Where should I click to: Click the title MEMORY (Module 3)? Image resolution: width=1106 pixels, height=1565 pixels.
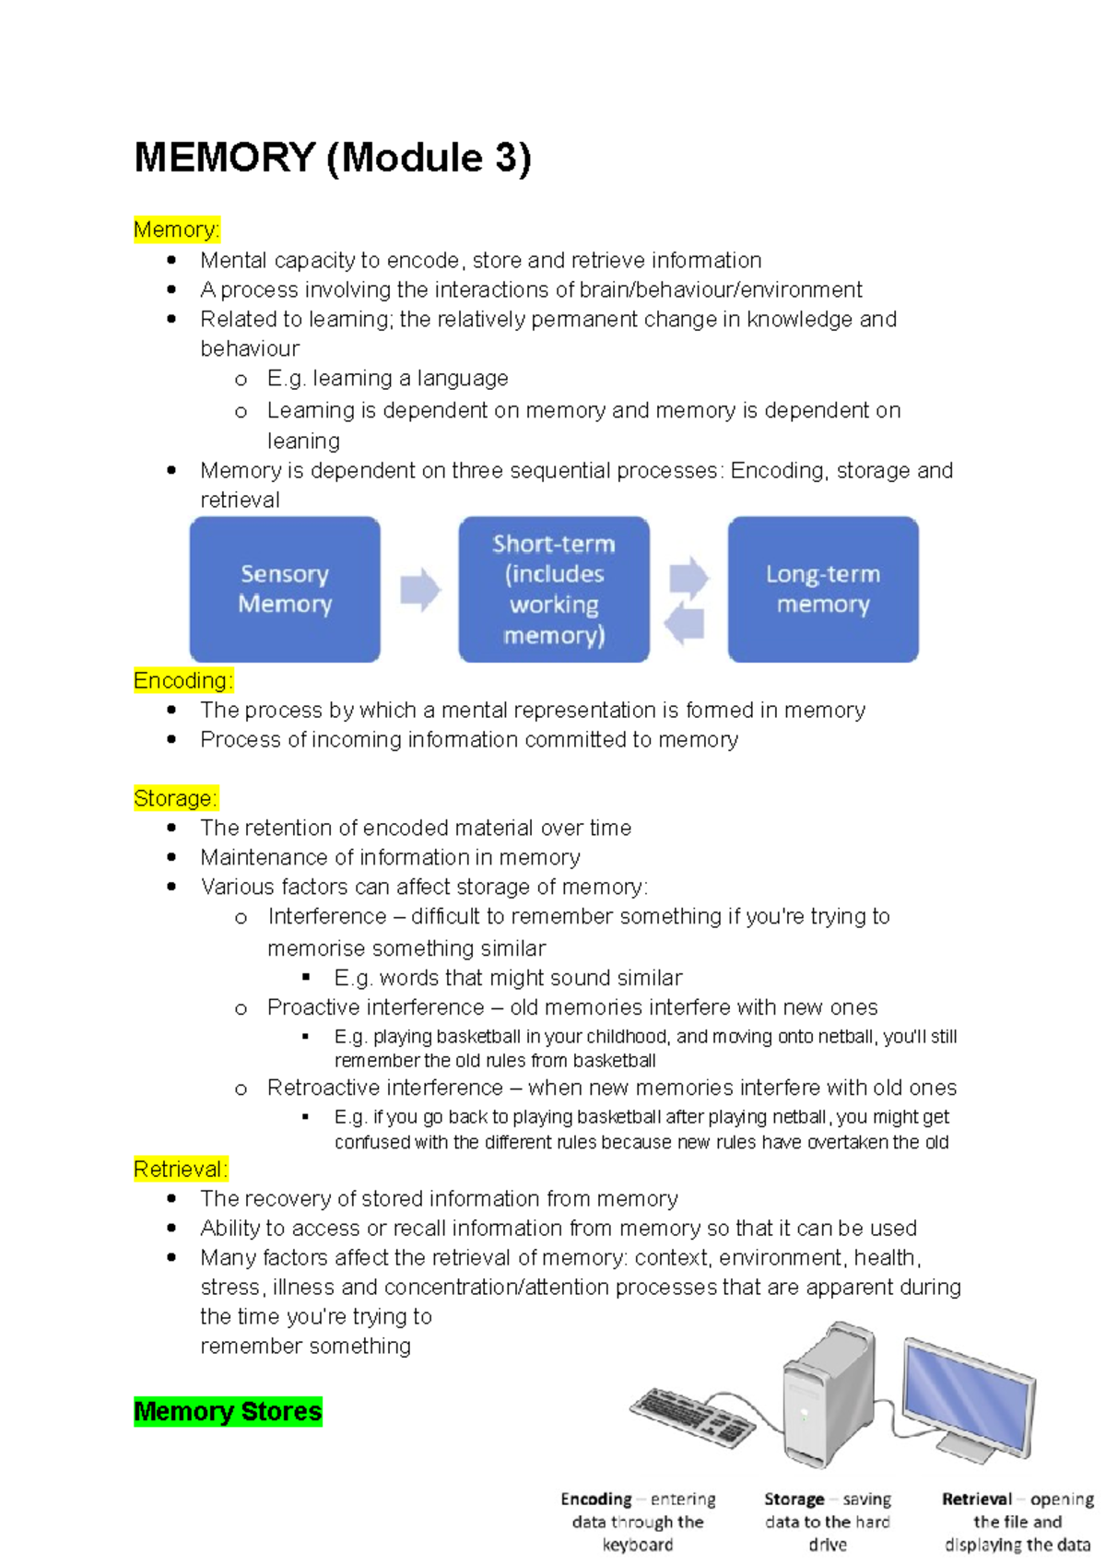(333, 158)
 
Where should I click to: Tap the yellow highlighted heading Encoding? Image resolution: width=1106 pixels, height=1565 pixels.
(183, 680)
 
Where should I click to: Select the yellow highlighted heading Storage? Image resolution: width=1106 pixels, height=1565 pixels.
(176, 798)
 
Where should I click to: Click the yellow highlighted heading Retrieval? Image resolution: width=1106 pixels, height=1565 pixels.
(181, 1169)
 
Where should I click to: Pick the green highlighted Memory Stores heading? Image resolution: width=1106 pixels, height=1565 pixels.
(228, 1411)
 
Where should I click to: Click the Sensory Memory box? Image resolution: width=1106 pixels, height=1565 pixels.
(285, 589)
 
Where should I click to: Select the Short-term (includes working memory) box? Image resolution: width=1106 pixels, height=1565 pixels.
(554, 589)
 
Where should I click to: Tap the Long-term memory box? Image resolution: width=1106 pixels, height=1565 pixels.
(823, 589)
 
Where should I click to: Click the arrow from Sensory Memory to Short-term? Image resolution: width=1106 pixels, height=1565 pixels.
(420, 590)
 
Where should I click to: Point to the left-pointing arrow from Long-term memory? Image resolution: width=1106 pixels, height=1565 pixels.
(684, 624)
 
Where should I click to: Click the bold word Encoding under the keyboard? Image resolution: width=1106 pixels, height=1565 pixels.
(596, 1499)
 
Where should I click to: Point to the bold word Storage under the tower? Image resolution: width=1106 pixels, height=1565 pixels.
(794, 1499)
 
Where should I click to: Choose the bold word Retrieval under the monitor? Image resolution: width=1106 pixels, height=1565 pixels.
(976, 1499)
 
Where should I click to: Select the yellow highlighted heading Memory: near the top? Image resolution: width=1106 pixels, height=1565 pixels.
(177, 229)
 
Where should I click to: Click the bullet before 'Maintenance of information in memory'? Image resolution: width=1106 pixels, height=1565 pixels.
(171, 857)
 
